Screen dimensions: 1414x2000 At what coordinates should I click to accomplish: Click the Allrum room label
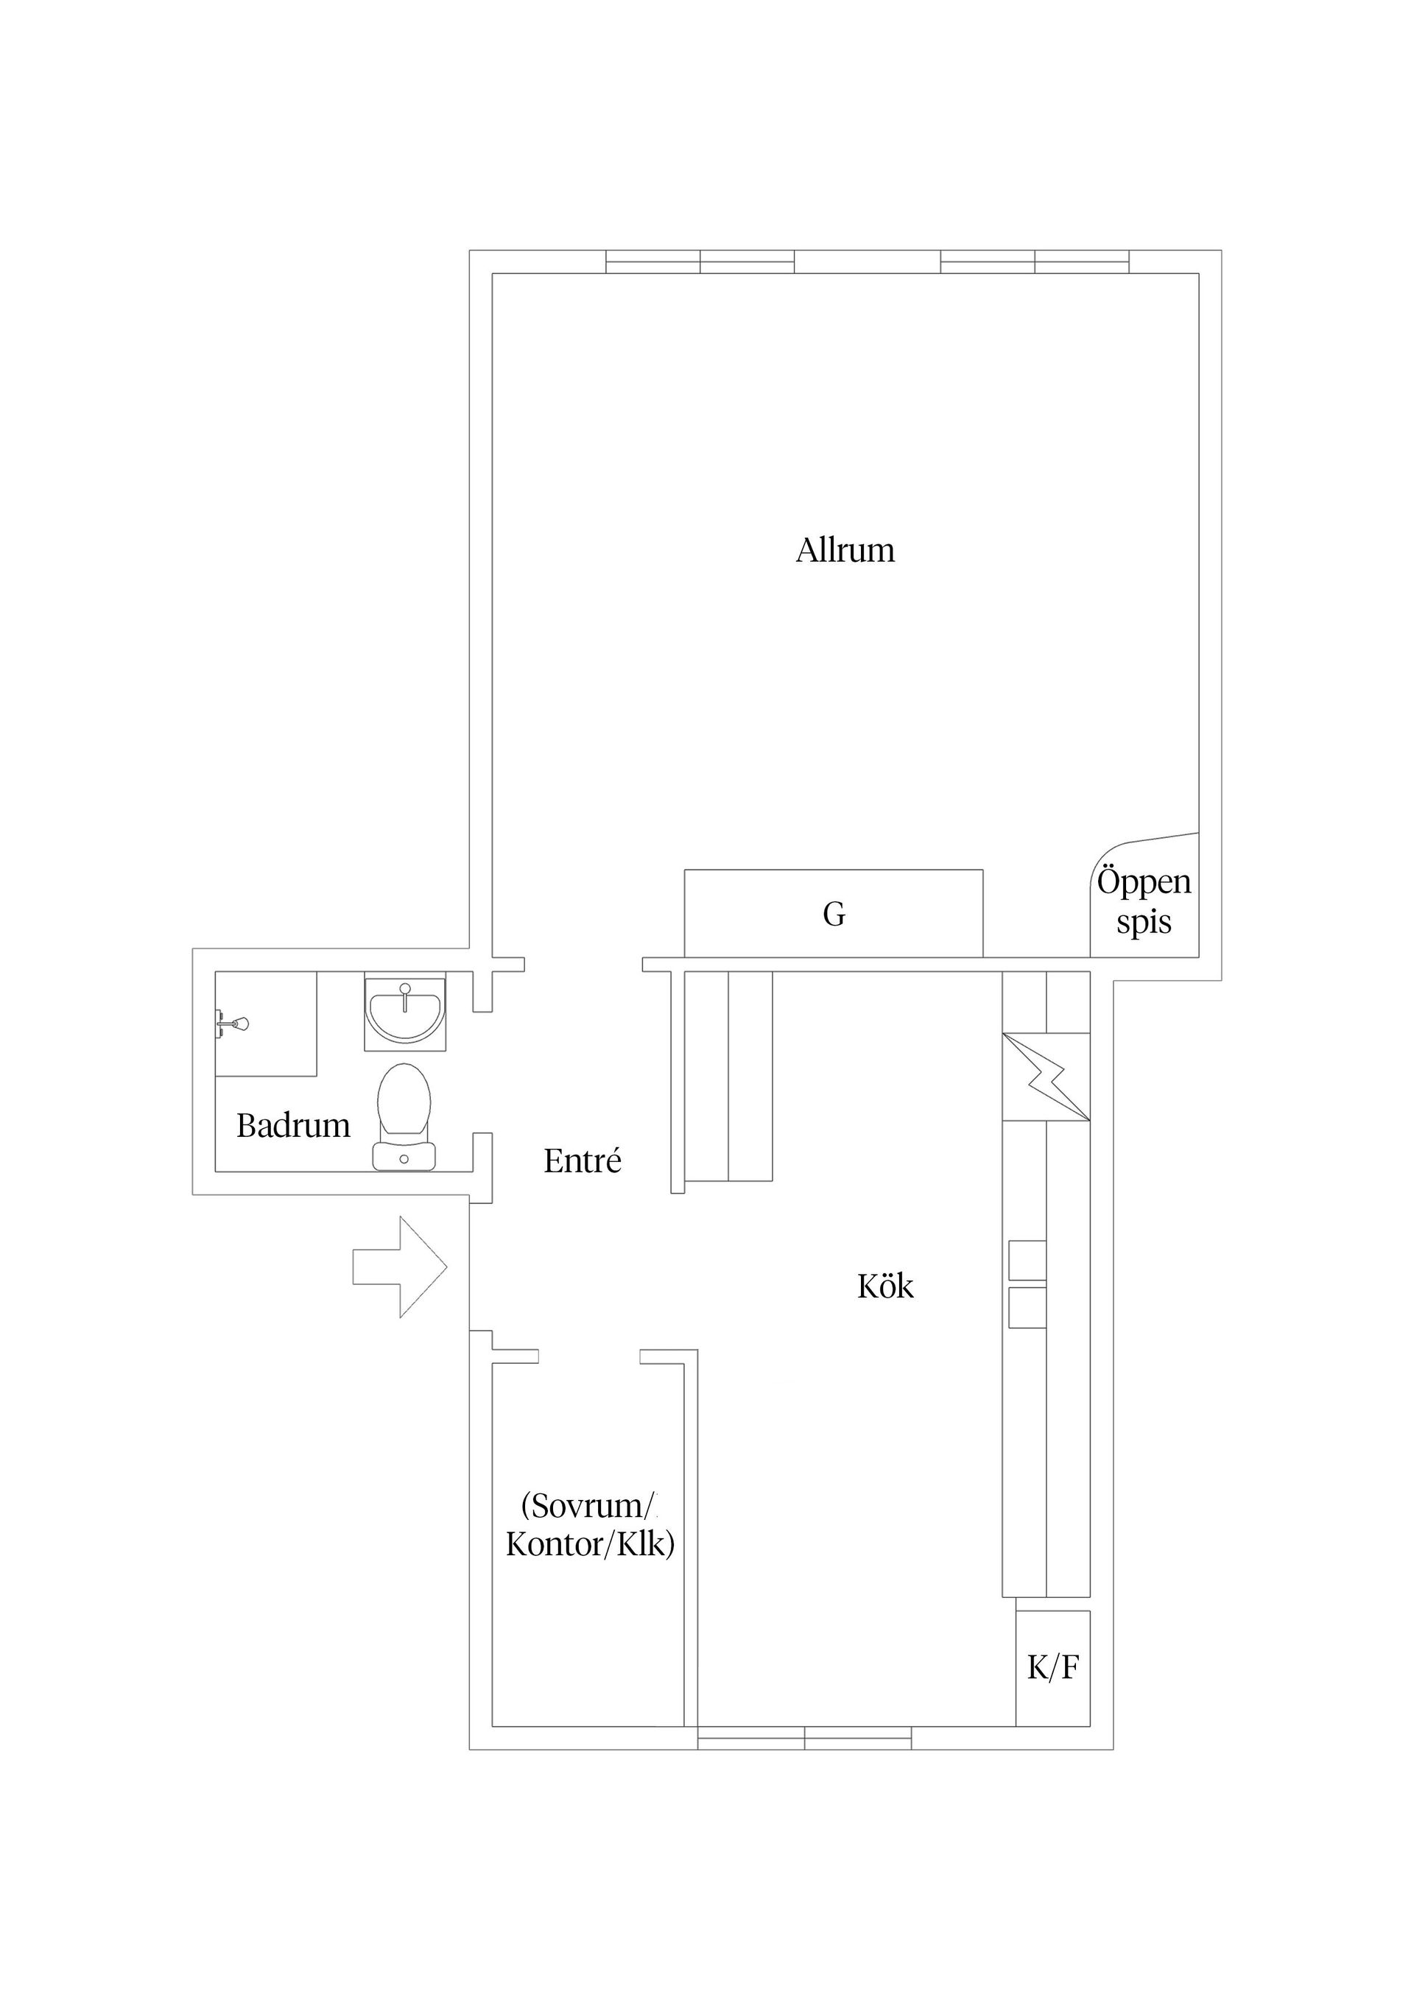click(x=845, y=551)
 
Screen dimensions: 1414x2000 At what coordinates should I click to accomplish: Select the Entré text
click(x=582, y=1161)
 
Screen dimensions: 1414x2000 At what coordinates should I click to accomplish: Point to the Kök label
click(x=885, y=1286)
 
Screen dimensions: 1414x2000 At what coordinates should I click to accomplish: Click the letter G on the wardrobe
click(x=834, y=915)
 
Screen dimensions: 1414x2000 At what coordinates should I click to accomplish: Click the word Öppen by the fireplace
click(x=1144, y=881)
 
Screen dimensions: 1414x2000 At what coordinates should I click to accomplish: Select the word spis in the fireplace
click(x=1144, y=923)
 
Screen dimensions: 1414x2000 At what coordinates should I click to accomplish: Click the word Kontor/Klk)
click(x=591, y=1544)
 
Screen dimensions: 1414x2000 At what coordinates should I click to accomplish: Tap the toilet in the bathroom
click(x=404, y=1116)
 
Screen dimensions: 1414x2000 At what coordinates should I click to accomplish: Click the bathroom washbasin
click(x=405, y=1010)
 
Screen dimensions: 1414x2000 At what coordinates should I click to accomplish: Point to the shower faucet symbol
click(x=234, y=1024)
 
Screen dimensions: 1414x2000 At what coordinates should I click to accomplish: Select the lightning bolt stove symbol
click(x=1047, y=1076)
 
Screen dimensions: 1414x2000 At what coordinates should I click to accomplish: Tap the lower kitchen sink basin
click(x=1027, y=1308)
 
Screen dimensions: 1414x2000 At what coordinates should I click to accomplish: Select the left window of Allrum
click(x=700, y=262)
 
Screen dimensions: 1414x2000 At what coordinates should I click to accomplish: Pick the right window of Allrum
click(x=1035, y=262)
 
